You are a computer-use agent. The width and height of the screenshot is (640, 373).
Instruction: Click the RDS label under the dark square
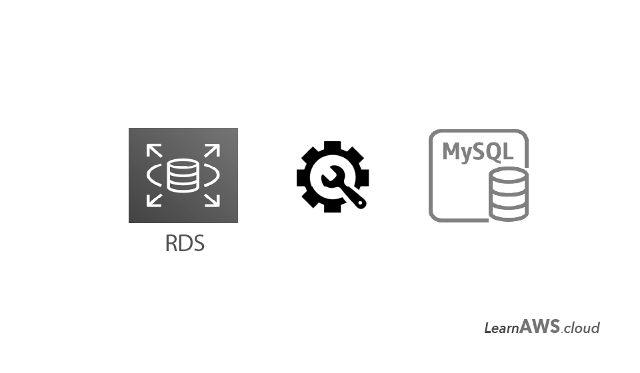184,243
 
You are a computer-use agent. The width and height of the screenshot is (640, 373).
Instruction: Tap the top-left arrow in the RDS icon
155,151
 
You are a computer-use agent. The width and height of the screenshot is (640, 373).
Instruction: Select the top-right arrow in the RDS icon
211,151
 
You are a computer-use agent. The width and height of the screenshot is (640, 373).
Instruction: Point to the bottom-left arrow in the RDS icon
155,198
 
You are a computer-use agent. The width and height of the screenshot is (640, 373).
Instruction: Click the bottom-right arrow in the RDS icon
211,198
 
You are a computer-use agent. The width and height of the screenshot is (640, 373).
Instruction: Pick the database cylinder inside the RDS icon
183,176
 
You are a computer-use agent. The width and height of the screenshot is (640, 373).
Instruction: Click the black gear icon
331,177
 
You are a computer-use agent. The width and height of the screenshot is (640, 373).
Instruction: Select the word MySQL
477,151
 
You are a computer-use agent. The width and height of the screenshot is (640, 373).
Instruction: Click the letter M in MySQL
453,151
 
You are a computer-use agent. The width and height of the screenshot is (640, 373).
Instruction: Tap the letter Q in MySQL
495,151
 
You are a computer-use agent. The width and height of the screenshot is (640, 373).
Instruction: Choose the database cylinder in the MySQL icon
509,194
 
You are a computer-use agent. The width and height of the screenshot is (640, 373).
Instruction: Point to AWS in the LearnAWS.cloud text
539,326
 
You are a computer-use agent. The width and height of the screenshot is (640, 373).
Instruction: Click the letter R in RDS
171,243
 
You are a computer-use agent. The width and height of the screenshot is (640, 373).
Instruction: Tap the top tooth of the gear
333,147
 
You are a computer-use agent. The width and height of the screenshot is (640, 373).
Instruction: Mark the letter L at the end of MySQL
509,151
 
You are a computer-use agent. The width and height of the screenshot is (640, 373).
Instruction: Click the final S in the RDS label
198,243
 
